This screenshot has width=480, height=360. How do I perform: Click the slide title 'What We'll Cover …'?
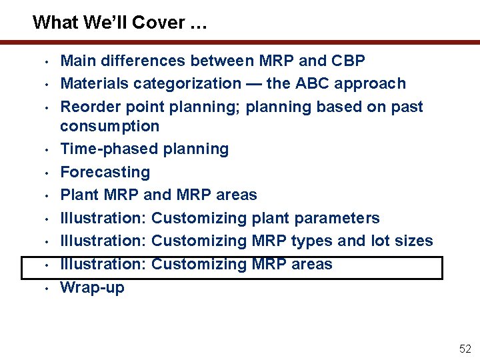[120, 23]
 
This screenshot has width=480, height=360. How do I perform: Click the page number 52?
[465, 349]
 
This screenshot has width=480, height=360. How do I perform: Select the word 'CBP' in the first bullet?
[347, 61]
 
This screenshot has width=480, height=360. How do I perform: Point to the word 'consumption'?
[110, 126]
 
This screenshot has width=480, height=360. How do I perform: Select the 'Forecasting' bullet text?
[105, 173]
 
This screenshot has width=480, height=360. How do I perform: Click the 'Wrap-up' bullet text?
[92, 287]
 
